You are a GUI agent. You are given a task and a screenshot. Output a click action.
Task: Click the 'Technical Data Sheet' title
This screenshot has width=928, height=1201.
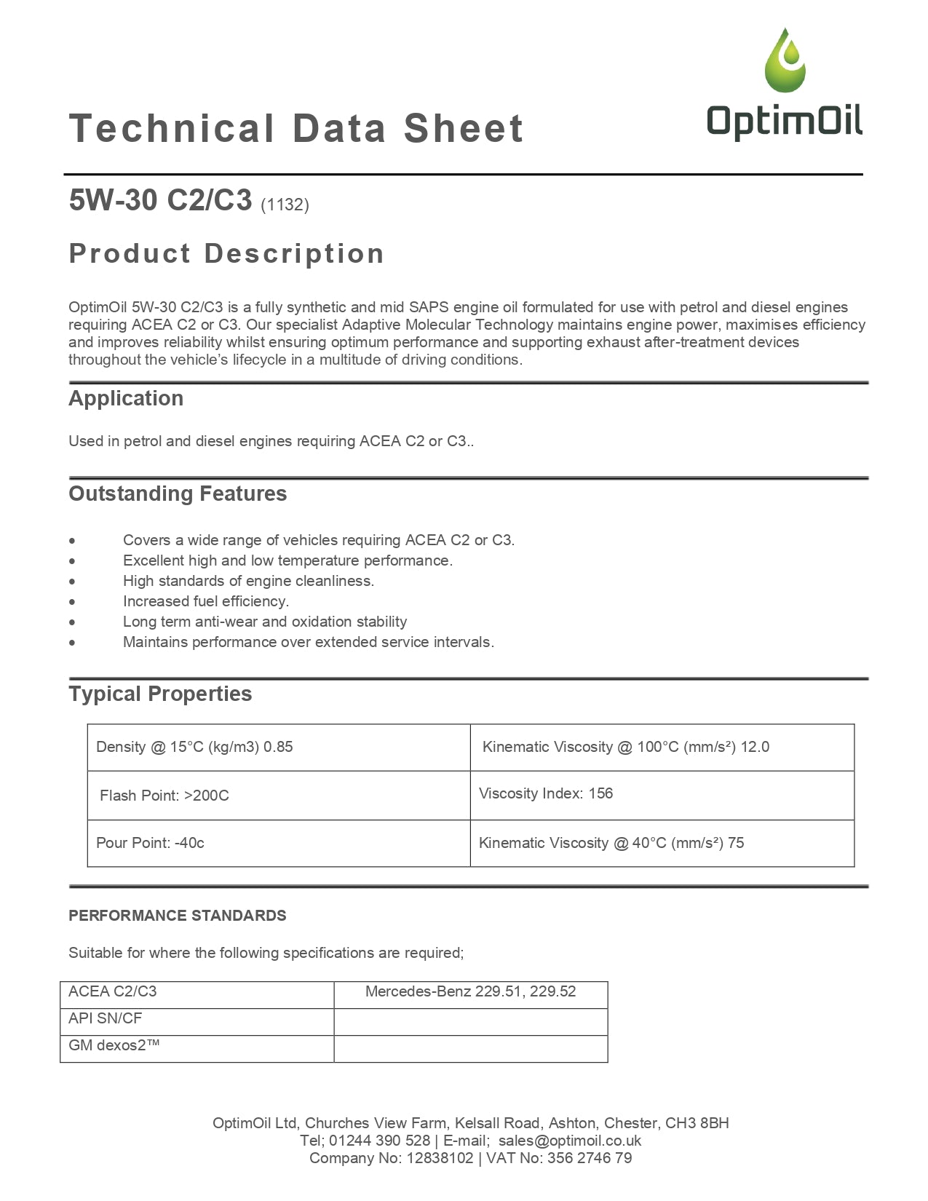(296, 129)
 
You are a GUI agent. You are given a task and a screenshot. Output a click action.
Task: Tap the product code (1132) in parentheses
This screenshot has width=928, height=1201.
(285, 205)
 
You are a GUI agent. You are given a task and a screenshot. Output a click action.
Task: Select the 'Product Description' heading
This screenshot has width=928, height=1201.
(226, 253)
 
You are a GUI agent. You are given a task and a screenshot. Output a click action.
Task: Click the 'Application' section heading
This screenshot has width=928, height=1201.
(126, 398)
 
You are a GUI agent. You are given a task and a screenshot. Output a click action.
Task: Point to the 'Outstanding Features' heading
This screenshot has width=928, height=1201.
(178, 494)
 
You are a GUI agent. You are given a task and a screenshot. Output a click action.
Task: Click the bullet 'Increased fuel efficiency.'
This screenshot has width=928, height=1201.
(206, 601)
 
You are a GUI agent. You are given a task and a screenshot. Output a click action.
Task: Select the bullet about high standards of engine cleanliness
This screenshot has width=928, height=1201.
(248, 581)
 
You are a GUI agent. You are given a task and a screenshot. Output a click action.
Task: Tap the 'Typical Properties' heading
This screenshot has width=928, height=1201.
(160, 694)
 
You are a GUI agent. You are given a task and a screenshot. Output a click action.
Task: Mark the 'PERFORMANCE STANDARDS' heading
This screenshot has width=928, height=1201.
(178, 916)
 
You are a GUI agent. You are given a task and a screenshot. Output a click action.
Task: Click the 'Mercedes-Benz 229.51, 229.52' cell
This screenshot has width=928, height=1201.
(470, 991)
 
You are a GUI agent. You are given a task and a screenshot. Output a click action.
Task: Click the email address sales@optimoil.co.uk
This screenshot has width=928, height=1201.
(570, 1141)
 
